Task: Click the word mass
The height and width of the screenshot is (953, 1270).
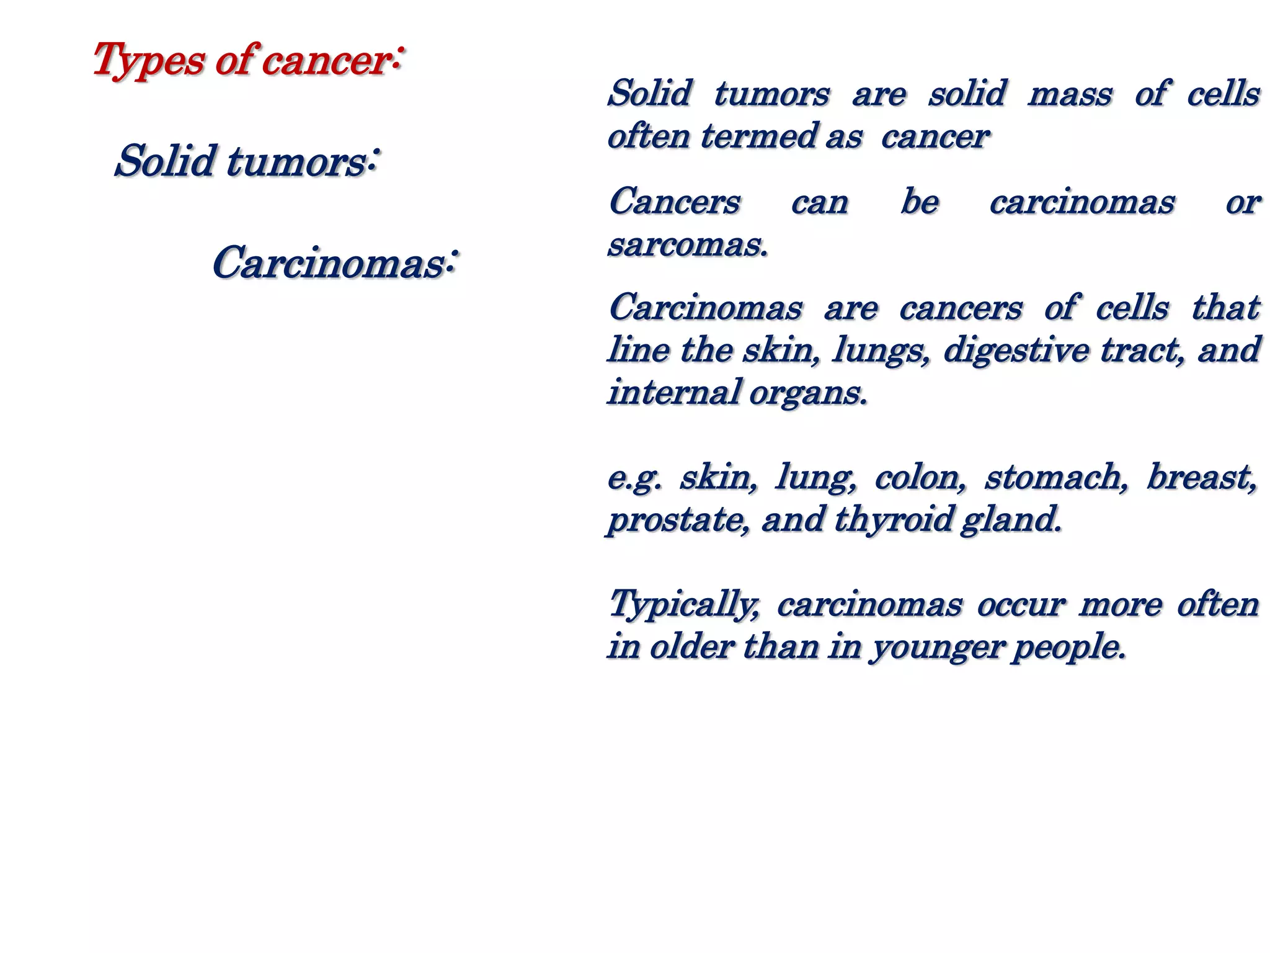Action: click(1070, 94)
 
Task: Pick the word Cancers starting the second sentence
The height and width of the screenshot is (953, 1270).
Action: click(674, 202)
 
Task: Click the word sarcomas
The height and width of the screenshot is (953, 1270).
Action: click(687, 245)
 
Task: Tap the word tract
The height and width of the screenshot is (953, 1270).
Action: click(1142, 351)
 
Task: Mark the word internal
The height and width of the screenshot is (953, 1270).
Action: click(673, 393)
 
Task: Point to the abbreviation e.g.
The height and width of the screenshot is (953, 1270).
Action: click(634, 478)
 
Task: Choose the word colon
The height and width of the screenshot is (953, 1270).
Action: click(919, 478)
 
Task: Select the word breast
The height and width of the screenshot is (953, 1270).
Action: click(1201, 478)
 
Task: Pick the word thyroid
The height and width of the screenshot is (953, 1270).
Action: click(892, 521)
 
